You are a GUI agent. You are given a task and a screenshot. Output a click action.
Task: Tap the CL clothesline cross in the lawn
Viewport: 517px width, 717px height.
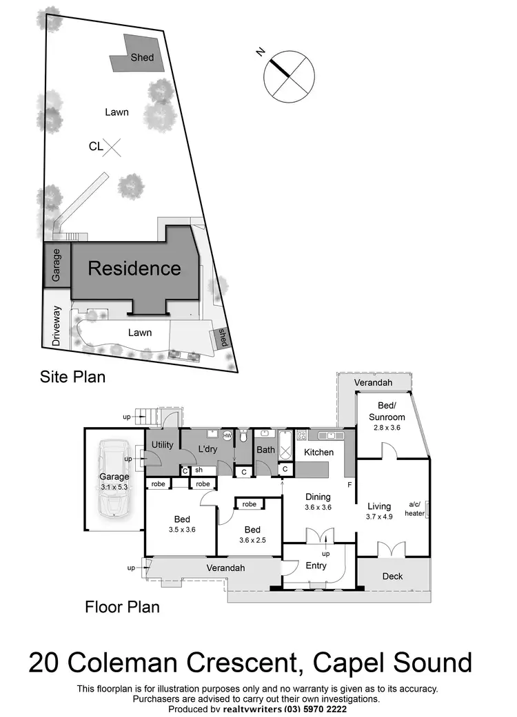point(114,146)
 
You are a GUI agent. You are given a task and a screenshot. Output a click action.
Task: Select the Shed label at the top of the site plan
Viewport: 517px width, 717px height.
point(142,58)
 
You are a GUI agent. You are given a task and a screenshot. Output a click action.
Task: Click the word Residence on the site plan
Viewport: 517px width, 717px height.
point(134,268)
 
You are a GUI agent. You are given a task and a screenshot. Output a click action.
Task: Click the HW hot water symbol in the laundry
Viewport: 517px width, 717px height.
point(226,435)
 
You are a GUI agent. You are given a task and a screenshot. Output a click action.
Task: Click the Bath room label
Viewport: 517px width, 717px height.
point(265,450)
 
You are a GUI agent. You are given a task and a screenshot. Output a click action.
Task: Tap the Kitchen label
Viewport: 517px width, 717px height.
point(319,453)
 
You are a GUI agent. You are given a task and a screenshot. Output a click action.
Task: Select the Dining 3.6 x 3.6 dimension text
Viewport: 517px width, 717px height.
point(318,502)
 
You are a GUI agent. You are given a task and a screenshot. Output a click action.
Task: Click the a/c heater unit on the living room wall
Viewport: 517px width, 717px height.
point(427,509)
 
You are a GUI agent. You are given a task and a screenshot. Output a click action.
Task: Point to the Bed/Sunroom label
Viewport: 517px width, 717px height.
point(387,412)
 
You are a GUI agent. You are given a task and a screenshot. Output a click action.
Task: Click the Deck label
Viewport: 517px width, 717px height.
point(392,576)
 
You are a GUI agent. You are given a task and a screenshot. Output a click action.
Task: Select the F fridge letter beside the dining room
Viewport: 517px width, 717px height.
point(349,485)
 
